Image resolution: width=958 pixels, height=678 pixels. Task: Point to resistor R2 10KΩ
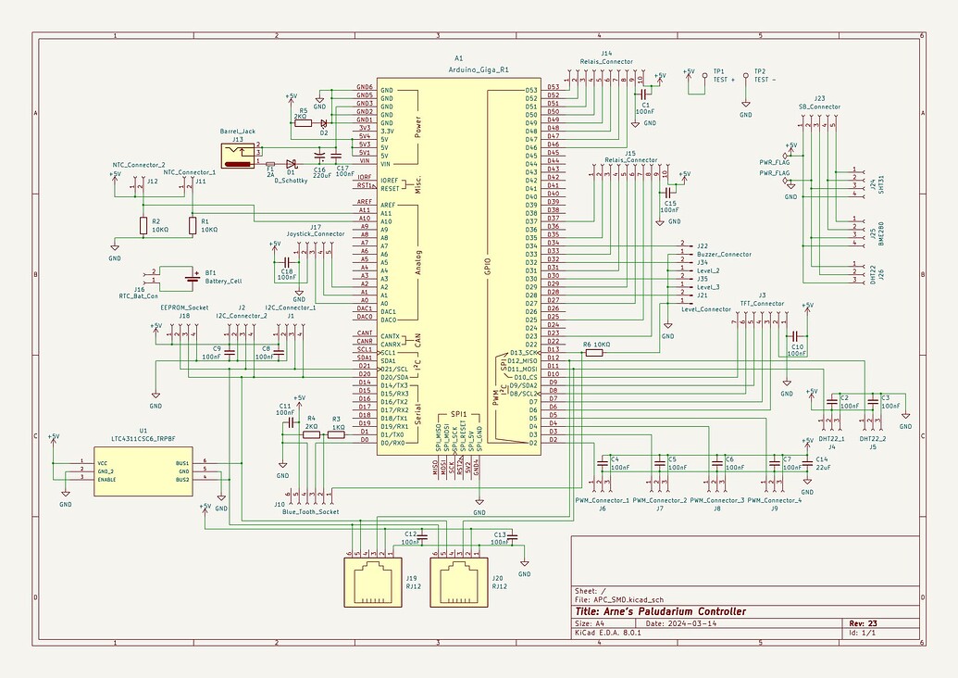(x=143, y=225)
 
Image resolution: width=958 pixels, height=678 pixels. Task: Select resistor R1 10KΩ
(x=193, y=225)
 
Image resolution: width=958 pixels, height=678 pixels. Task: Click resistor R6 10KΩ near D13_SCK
(x=595, y=352)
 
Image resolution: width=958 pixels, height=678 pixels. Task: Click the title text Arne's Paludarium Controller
(x=659, y=611)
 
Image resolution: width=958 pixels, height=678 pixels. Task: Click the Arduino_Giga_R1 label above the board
(x=479, y=69)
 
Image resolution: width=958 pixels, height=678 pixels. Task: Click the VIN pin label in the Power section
(x=363, y=163)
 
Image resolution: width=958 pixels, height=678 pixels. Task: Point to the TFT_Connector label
(x=762, y=303)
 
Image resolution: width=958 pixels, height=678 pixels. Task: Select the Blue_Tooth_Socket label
(x=311, y=511)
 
